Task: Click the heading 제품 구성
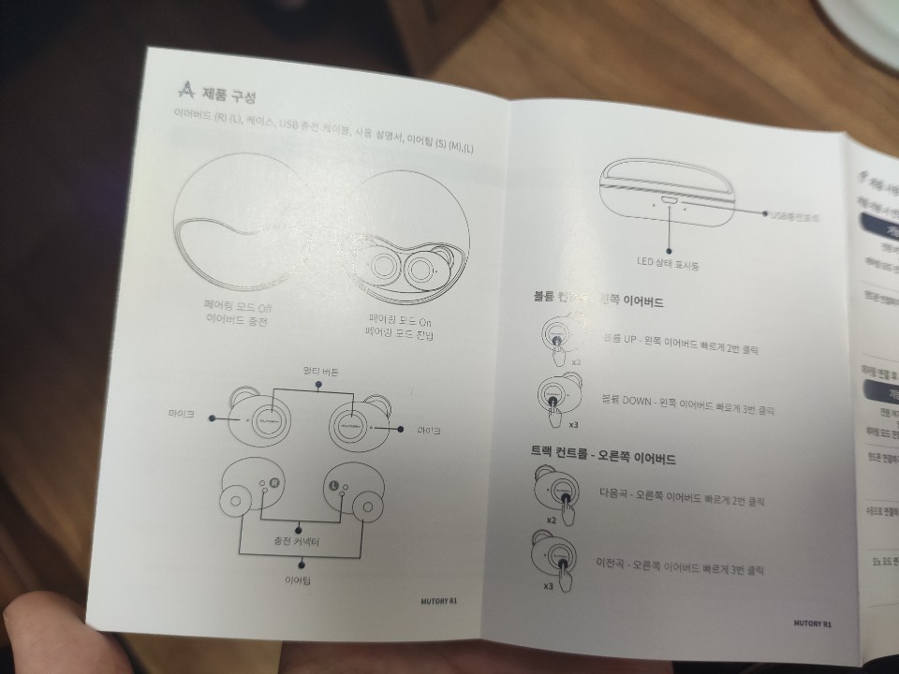pos(229,97)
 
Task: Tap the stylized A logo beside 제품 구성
pos(187,91)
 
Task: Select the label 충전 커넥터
pos(299,541)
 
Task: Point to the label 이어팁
pos(299,580)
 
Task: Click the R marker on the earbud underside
pos(274,483)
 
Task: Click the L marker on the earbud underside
pos(332,486)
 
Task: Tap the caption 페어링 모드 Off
pos(237,305)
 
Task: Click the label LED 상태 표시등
pos(670,266)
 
